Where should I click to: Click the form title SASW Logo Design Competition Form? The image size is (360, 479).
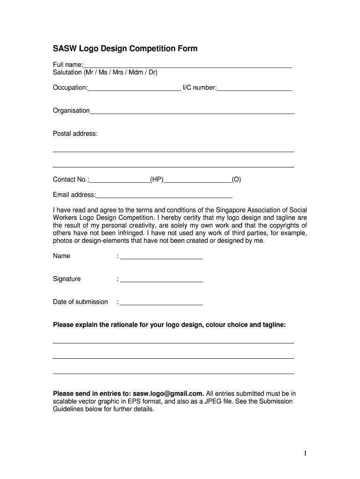click(x=125, y=49)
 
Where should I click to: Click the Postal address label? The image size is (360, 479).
click(x=75, y=134)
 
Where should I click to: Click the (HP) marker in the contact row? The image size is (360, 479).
click(x=157, y=180)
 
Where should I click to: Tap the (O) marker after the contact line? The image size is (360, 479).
click(x=237, y=180)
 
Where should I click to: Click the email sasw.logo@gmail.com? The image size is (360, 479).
click(x=168, y=393)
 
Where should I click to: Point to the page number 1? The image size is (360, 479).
click(x=304, y=453)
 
